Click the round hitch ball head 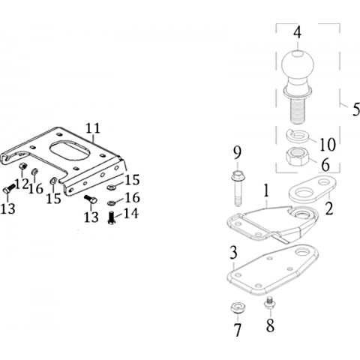(x=297, y=64)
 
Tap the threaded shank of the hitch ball (x=298, y=110)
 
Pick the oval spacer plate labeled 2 (x=312, y=189)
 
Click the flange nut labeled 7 (x=238, y=307)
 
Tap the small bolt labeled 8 (x=270, y=303)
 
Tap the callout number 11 (x=93, y=128)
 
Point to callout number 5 (x=356, y=109)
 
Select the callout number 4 (x=297, y=32)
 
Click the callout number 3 (x=233, y=253)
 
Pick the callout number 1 (x=267, y=190)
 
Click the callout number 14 (x=130, y=214)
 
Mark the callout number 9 (x=237, y=153)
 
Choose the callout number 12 (x=22, y=184)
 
